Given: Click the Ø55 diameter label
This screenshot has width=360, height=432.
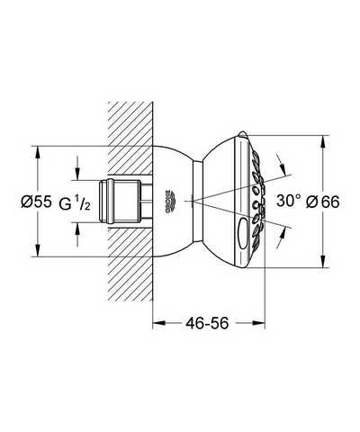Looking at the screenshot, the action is tap(36, 202).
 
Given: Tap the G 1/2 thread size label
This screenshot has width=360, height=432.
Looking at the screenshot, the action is tap(75, 203).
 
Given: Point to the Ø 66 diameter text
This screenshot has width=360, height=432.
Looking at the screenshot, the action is tap(322, 202).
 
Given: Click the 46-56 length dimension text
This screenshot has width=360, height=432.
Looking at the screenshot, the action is tap(207, 323).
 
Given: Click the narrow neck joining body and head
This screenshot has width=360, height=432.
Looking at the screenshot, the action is tap(197, 201).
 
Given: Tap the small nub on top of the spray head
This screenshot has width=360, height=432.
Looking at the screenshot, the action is tap(243, 134).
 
